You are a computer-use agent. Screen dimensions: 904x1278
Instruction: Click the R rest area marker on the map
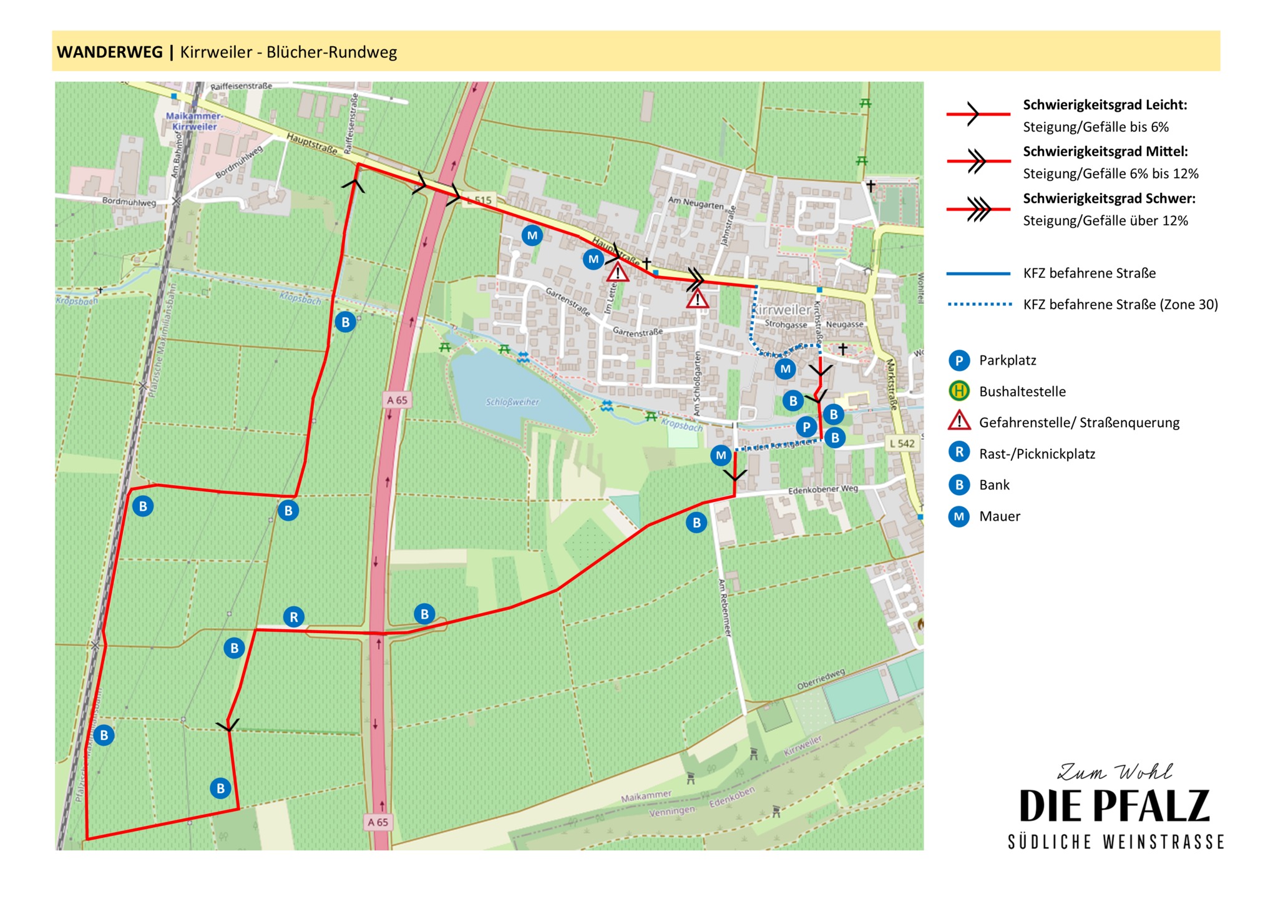pyautogui.click(x=294, y=617)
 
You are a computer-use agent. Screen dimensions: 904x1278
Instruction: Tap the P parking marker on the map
pyautogui.click(x=806, y=427)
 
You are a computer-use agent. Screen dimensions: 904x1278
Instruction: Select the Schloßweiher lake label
pyautogui.click(x=512, y=402)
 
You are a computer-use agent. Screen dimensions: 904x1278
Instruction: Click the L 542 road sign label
pyautogui.click(x=902, y=443)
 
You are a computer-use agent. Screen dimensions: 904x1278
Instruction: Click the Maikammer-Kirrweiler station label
pyautogui.click(x=194, y=121)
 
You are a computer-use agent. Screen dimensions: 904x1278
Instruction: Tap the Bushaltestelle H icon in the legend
pyautogui.click(x=959, y=391)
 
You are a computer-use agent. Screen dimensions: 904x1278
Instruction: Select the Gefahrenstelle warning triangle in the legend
pyautogui.click(x=959, y=421)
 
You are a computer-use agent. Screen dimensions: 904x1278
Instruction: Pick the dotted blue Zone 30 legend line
pyautogui.click(x=978, y=305)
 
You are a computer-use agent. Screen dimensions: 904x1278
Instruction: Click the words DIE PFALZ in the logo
pyautogui.click(x=1115, y=806)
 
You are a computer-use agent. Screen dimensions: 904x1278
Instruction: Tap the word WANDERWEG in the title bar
pyautogui.click(x=110, y=52)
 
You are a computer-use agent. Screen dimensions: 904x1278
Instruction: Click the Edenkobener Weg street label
pyautogui.click(x=823, y=490)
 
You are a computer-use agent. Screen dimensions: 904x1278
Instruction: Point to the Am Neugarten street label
pyautogui.click(x=696, y=204)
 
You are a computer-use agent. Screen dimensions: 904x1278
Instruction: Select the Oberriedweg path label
pyautogui.click(x=821, y=679)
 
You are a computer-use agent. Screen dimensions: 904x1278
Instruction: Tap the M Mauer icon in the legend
pyautogui.click(x=959, y=516)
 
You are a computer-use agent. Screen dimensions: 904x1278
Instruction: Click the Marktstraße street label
pyautogui.click(x=892, y=384)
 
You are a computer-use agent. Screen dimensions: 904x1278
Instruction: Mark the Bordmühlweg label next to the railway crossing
pyautogui.click(x=129, y=202)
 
